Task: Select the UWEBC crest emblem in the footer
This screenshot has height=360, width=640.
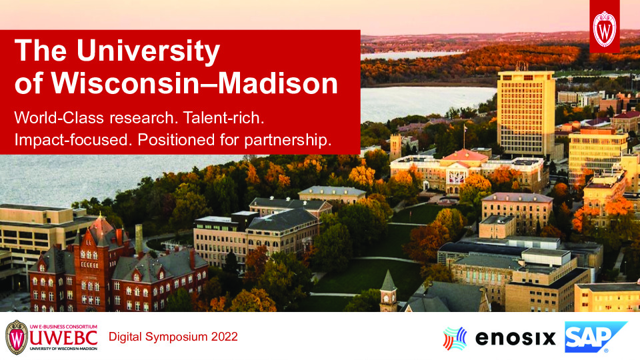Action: pyautogui.click(x=17, y=337)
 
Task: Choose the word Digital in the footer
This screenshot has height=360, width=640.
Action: pyautogui.click(x=124, y=337)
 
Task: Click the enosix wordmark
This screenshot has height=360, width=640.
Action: pyautogui.click(x=515, y=339)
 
